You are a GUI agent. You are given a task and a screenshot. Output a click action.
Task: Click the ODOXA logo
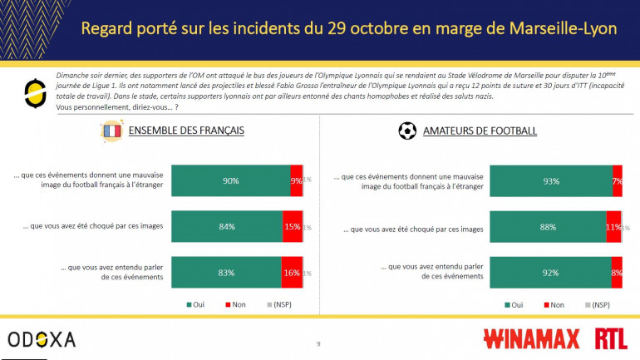pos(42,339)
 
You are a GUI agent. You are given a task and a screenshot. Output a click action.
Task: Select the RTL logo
pos(611,339)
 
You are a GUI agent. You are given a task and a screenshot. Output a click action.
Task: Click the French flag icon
pos(111,131)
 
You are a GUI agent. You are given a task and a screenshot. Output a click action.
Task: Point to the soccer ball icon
pos(407,131)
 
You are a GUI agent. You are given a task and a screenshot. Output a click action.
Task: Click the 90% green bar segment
pos(230,180)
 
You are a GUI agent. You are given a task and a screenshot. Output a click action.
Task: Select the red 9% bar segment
pos(296,180)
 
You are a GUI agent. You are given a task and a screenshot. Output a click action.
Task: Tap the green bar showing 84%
pos(226,227)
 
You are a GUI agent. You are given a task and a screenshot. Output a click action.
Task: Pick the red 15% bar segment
pos(293,227)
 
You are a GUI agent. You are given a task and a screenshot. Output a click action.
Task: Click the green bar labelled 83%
pos(225,272)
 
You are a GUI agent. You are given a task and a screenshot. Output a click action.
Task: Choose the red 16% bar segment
pos(292,272)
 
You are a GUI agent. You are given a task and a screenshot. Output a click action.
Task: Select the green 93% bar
pos(551,180)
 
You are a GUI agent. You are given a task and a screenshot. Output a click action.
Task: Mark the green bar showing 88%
pos(548,227)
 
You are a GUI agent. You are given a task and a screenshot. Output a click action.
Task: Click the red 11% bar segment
pos(613,227)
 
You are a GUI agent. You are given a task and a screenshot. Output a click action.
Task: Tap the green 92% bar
pos(550,272)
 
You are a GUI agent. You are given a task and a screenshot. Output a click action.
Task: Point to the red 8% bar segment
pos(617,272)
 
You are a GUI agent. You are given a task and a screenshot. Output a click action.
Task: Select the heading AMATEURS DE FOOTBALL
pos(480,131)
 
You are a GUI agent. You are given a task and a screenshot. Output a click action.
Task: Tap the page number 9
pos(318,343)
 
